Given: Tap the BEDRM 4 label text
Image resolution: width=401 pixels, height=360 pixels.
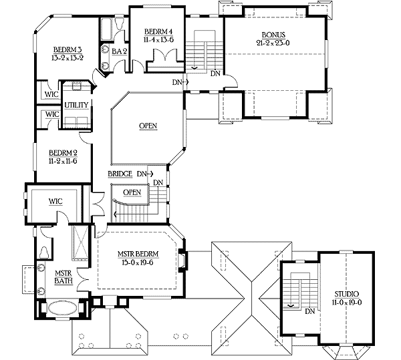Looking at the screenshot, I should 160,31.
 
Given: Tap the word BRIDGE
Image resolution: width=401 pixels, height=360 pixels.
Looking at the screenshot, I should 120,174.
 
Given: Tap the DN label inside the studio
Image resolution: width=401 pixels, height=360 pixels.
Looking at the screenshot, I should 309,311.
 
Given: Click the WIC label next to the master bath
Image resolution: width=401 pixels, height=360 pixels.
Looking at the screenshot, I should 55,200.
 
